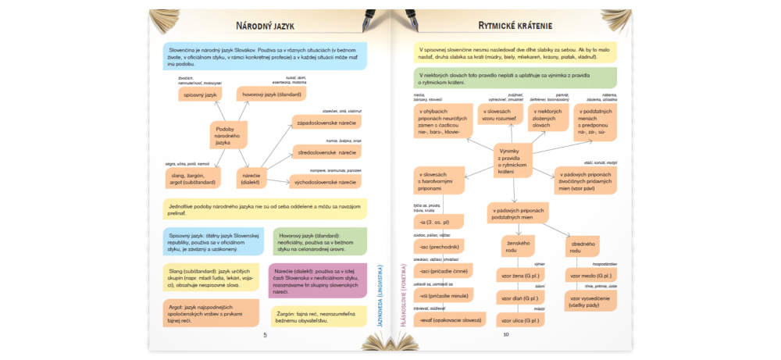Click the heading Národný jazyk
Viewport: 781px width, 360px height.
[x=265, y=26]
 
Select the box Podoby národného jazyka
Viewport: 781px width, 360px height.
[x=227, y=136]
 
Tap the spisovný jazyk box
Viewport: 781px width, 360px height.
[x=198, y=94]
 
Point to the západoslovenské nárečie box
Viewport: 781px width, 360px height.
[x=328, y=123]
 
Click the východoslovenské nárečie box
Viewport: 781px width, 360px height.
[x=326, y=182]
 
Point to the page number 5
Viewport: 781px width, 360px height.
[x=265, y=335]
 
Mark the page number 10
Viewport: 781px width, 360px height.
[x=506, y=335]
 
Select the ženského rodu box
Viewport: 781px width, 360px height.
[x=514, y=248]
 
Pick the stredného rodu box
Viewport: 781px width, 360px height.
[x=581, y=248]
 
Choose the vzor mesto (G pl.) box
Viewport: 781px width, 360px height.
[x=591, y=276]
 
